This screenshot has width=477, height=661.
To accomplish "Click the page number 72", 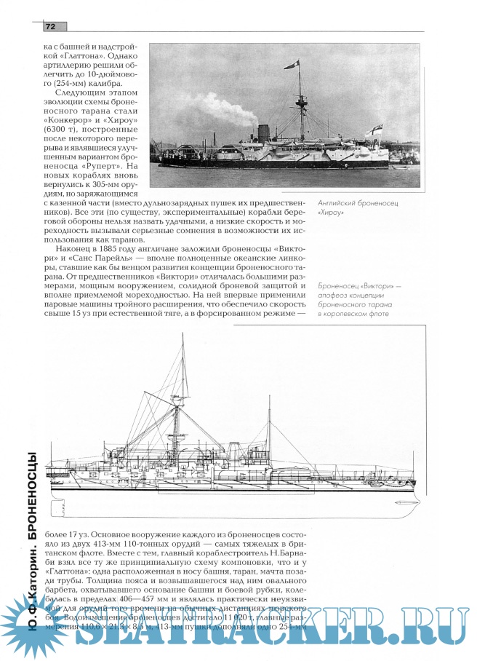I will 51,26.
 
